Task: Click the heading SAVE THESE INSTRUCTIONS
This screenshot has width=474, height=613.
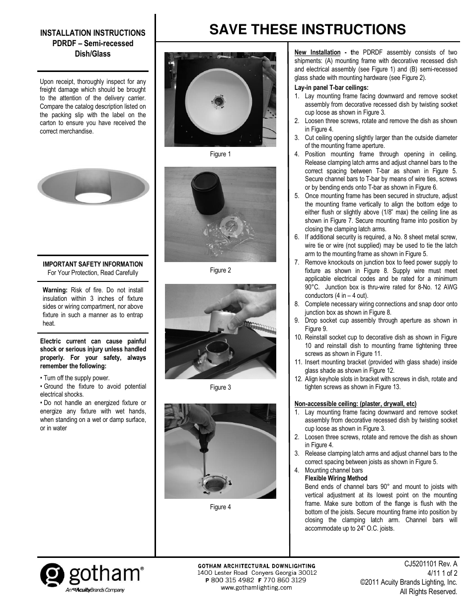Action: click(307, 30)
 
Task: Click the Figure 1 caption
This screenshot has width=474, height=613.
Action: click(220, 154)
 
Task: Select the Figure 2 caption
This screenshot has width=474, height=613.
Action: click(220, 271)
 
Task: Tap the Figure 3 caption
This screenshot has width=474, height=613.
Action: click(220, 388)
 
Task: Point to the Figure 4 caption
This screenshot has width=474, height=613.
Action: click(220, 507)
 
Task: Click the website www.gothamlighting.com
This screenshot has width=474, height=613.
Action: click(256, 588)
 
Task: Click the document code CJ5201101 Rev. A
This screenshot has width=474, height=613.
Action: click(431, 564)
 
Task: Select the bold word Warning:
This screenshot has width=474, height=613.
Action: click(55, 290)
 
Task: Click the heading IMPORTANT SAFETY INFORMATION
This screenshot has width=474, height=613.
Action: click(93, 265)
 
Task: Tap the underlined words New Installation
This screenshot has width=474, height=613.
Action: click(317, 53)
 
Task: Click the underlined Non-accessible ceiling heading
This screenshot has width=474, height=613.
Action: click(355, 404)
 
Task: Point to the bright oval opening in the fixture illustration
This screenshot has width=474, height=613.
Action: click(93, 198)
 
